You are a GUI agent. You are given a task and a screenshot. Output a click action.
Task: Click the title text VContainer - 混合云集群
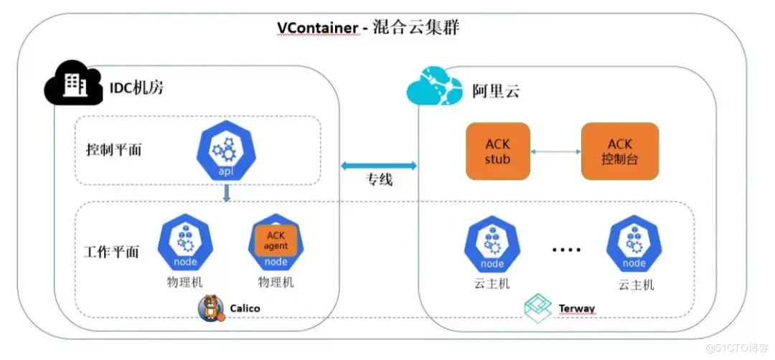[x=367, y=28]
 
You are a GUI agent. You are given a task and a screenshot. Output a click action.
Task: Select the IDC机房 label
[x=138, y=89]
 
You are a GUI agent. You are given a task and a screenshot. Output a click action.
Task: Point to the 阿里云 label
[x=496, y=91]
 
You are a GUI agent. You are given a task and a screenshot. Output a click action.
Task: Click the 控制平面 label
[x=114, y=150]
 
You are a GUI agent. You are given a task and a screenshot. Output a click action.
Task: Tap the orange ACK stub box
[x=497, y=151]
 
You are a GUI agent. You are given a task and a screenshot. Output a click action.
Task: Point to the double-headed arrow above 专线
[x=379, y=166]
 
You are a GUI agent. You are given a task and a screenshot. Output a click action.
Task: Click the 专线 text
[x=380, y=180]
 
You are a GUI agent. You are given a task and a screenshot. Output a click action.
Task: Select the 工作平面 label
[x=111, y=252]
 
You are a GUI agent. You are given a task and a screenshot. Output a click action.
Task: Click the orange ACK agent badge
[x=276, y=241]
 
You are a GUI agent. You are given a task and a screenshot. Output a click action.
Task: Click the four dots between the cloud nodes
[x=566, y=250]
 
